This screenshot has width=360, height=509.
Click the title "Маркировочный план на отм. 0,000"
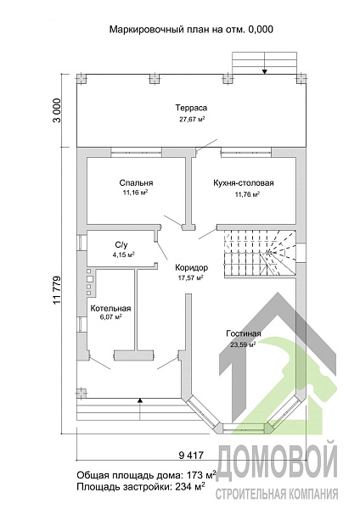[191, 30]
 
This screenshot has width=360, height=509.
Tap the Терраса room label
[191, 108]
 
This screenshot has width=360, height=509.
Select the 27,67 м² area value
[192, 119]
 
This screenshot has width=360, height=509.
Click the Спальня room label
[136, 183]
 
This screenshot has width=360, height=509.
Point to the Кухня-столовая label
[244, 183]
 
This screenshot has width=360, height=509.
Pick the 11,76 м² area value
[247, 195]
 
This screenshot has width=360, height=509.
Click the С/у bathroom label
[121, 245]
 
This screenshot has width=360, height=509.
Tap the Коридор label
[191, 268]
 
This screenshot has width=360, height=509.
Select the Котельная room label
[110, 309]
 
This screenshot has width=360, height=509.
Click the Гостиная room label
[244, 333]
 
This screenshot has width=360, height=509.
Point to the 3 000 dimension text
[57, 110]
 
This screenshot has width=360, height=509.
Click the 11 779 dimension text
[57, 290]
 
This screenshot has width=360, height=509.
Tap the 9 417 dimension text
[191, 456]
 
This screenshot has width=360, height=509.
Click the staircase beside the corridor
[260, 253]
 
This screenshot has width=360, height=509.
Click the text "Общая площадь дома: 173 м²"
[146, 475]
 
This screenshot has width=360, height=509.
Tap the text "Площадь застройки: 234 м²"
[141, 487]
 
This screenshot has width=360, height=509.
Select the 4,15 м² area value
[123, 255]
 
